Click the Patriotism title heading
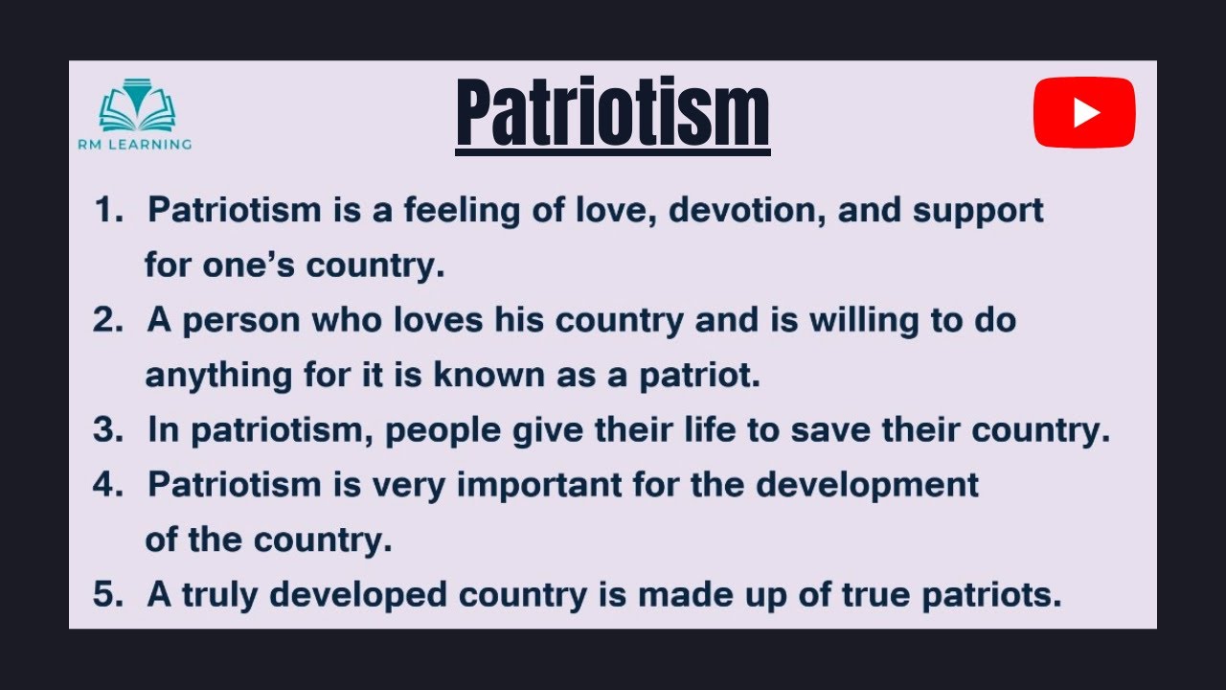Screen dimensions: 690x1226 [x=613, y=114]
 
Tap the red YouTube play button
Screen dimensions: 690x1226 [x=1084, y=113]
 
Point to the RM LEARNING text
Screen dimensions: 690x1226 [x=135, y=144]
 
